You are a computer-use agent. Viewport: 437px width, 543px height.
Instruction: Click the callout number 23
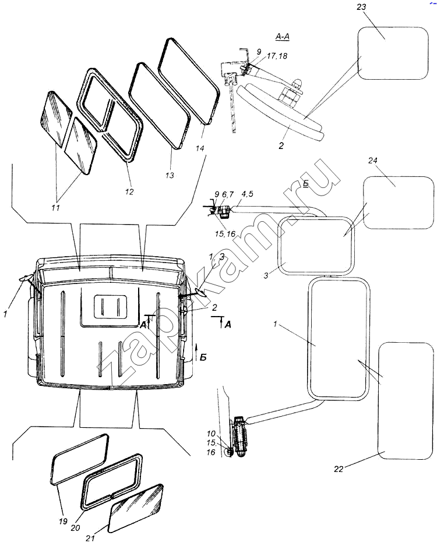coord(361,6)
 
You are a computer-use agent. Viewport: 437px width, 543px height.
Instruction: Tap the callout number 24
coord(372,161)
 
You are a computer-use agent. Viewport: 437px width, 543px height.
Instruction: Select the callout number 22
coord(339,469)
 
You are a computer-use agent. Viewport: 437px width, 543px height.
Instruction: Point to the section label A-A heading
coord(283,37)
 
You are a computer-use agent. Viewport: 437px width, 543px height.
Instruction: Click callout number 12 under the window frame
coord(129,191)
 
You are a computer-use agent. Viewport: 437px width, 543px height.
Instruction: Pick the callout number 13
coord(169,175)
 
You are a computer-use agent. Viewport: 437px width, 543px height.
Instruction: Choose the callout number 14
coord(199,148)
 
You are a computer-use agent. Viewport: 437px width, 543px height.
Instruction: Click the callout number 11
coord(55,207)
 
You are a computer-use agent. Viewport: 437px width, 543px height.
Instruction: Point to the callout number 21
coord(90,538)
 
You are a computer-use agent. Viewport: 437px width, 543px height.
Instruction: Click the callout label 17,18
coord(277,56)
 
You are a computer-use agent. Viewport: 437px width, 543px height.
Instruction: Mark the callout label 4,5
coord(246,194)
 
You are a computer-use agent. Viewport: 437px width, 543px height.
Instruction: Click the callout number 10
coord(211,434)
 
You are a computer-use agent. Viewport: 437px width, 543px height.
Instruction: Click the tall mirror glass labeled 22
coord(406,400)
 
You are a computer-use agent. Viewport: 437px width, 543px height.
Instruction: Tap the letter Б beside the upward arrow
coord(203,357)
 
